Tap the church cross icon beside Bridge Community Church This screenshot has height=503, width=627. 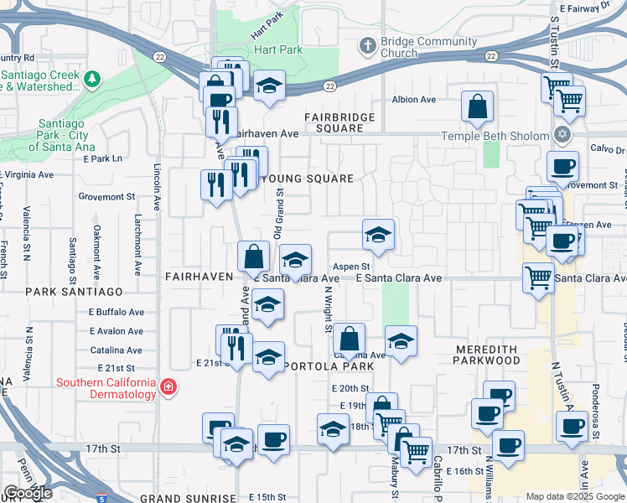[x=366, y=45]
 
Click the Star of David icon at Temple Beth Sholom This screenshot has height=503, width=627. [x=562, y=134]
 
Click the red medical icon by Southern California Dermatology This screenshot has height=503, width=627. [x=168, y=386]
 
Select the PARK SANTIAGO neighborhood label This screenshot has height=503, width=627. [x=74, y=292]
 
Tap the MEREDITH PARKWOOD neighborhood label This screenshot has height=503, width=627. [x=488, y=355]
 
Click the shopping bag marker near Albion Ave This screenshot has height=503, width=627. [x=477, y=107]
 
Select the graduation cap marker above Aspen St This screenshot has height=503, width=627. [x=378, y=235]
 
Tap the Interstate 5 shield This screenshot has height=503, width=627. [x=101, y=498]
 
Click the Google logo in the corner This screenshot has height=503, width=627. [x=28, y=493]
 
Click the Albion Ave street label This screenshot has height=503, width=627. [x=416, y=100]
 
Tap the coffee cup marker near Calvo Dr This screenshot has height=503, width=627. [x=562, y=167]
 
